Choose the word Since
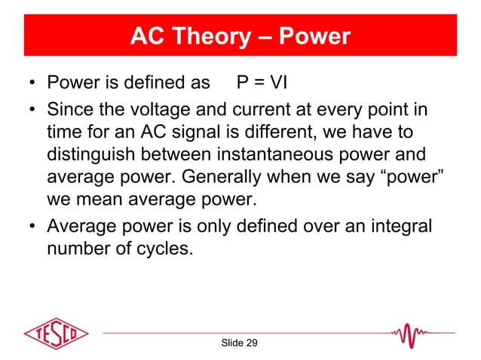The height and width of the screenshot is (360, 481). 73,110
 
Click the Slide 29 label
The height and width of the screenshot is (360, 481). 239,343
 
